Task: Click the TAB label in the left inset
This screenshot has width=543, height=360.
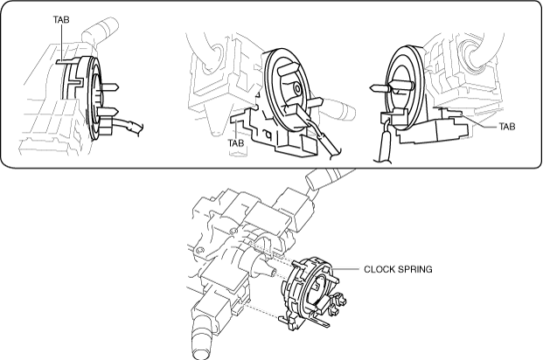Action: (x=61, y=20)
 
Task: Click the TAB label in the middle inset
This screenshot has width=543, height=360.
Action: (x=236, y=142)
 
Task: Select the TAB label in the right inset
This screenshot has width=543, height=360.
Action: (x=507, y=127)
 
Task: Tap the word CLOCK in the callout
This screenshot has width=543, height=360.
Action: (x=379, y=269)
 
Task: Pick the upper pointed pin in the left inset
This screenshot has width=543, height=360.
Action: (x=108, y=87)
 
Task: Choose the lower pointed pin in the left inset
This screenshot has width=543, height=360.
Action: (x=108, y=112)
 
